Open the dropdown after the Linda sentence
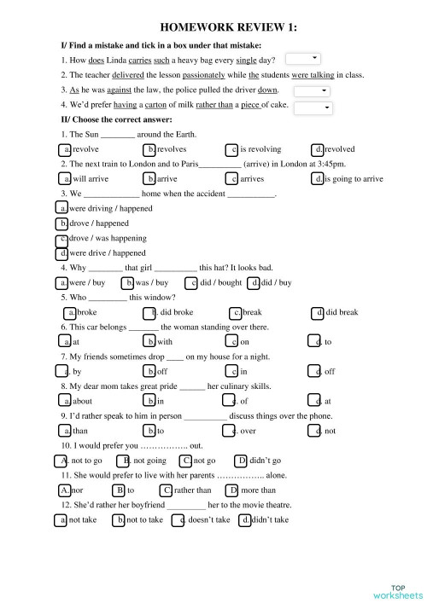pyautogui.click(x=302, y=59)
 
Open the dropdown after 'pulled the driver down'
pyautogui.click(x=313, y=90)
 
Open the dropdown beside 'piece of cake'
pyautogui.click(x=313, y=107)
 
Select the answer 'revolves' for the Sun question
pyautogui.click(x=150, y=148)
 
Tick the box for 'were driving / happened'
pyautogui.click(x=62, y=208)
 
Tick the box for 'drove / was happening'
pyautogui.click(x=62, y=238)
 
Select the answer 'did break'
pyautogui.click(x=319, y=312)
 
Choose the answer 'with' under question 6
pyautogui.click(x=150, y=342)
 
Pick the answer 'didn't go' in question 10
pyautogui.click(x=242, y=461)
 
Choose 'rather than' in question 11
pyautogui.click(x=167, y=490)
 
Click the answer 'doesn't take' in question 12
pyautogui.click(x=181, y=519)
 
